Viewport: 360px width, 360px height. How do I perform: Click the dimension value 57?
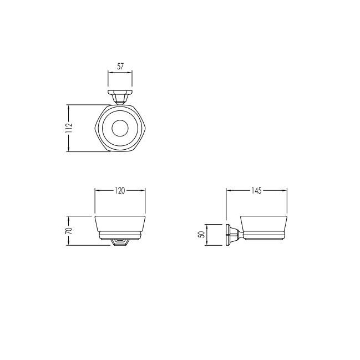point(120,67)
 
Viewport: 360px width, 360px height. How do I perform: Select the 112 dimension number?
point(69,128)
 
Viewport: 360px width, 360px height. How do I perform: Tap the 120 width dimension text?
point(120,191)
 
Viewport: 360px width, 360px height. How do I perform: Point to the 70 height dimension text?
point(69,231)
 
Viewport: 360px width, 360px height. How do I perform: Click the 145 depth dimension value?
point(256,191)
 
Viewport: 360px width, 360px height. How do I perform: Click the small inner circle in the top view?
point(120,128)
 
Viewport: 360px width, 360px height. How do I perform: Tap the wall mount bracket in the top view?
point(120,98)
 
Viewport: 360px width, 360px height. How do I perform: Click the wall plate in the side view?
point(228,235)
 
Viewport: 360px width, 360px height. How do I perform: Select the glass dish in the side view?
point(263,224)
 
